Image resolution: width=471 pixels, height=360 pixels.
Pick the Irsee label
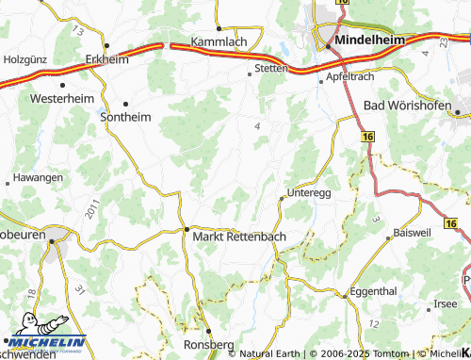point(445,303)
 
